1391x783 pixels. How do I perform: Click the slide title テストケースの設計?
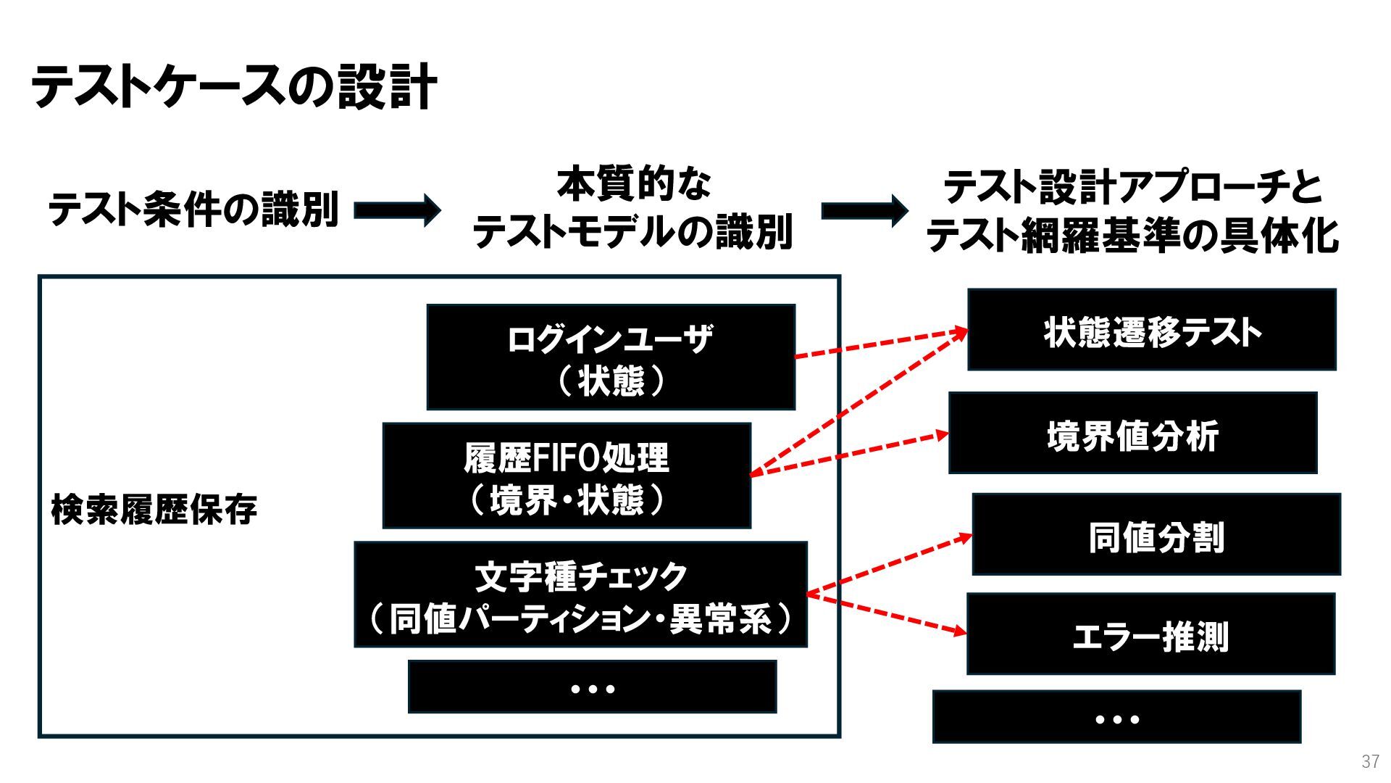pyautogui.click(x=233, y=86)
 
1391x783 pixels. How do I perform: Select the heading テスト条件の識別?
pyautogui.click(x=193, y=210)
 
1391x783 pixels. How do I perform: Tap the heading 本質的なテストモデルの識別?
pyautogui.click(x=632, y=208)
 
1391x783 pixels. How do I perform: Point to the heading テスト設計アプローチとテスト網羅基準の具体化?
pyautogui.click(x=1132, y=211)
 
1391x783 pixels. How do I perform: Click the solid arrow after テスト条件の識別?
pyautogui.click(x=397, y=210)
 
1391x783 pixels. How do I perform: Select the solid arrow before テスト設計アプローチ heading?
pyautogui.click(x=864, y=210)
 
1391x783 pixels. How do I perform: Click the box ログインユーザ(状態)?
pyautogui.click(x=611, y=357)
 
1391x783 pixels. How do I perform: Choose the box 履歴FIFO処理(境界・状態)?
pyautogui.click(x=567, y=476)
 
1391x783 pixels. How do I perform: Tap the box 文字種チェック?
pyautogui.click(x=580, y=594)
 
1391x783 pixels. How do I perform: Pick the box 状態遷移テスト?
pyautogui.click(x=1151, y=330)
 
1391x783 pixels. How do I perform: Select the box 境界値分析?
pyautogui.click(x=1132, y=434)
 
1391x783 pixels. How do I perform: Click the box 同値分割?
pyautogui.click(x=1156, y=534)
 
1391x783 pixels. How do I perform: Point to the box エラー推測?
pyautogui.click(x=1150, y=634)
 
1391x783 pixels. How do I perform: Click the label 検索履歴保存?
pyautogui.click(x=154, y=510)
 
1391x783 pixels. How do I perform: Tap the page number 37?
pyautogui.click(x=1370, y=762)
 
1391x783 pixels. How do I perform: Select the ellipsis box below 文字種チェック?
pyautogui.click(x=592, y=687)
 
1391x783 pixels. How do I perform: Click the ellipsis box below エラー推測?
pyautogui.click(x=1116, y=717)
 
